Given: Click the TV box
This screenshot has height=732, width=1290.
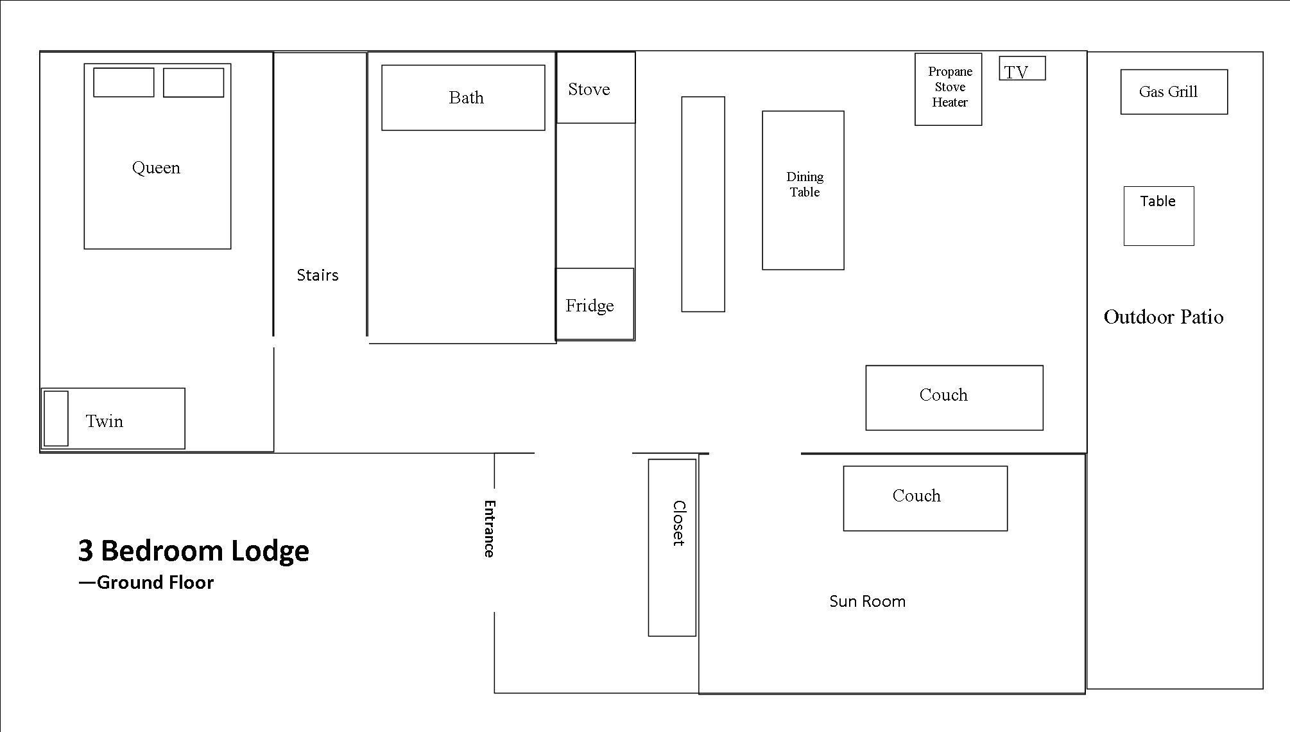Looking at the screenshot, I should [x=1022, y=69].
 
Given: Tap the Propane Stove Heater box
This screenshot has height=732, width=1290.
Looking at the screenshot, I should [x=948, y=89].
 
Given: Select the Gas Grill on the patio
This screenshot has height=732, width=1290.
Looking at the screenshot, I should [x=1173, y=92].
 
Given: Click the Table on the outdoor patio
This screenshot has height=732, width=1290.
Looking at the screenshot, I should [x=1158, y=216].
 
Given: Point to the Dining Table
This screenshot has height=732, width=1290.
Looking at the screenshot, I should [x=803, y=190].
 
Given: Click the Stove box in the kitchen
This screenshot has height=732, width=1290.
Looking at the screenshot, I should [x=595, y=88].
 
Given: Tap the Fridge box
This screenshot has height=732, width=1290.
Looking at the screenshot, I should [x=594, y=304].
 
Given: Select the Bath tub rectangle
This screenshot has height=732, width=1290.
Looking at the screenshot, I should [x=463, y=98].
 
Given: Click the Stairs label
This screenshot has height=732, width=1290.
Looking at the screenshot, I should [x=317, y=275].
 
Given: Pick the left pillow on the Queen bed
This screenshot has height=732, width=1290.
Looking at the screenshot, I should [x=123, y=82].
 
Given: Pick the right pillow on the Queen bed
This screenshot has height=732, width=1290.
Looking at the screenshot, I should [x=193, y=82].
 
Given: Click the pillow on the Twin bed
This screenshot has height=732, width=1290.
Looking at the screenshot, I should [x=56, y=418].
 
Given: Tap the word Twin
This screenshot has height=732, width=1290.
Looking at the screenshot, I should [x=105, y=421].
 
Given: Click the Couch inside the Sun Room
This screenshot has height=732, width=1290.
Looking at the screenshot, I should [x=925, y=498].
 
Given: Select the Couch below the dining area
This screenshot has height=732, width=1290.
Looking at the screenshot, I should [x=954, y=397].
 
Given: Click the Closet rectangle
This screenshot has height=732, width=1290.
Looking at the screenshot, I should [x=671, y=547].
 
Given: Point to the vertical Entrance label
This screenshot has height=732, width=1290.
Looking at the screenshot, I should [x=489, y=528].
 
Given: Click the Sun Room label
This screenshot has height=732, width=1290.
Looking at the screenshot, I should [x=867, y=601].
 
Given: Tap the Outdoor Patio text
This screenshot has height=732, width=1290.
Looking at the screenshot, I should [x=1163, y=317].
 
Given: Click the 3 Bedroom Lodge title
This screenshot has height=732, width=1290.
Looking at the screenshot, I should [x=193, y=550].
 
